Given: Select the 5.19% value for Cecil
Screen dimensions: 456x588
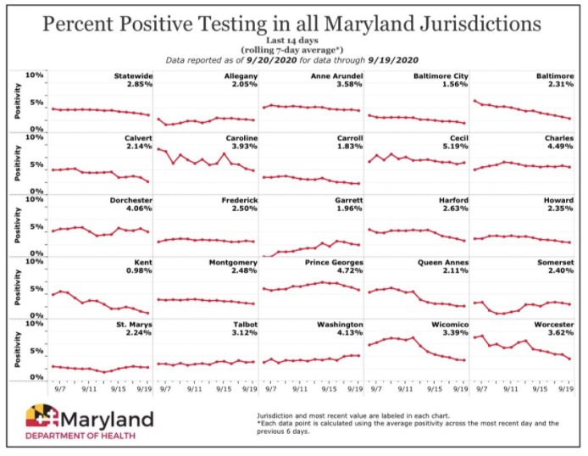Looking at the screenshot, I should point(454,147).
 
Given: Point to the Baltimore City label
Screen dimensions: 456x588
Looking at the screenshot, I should point(441,77).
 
